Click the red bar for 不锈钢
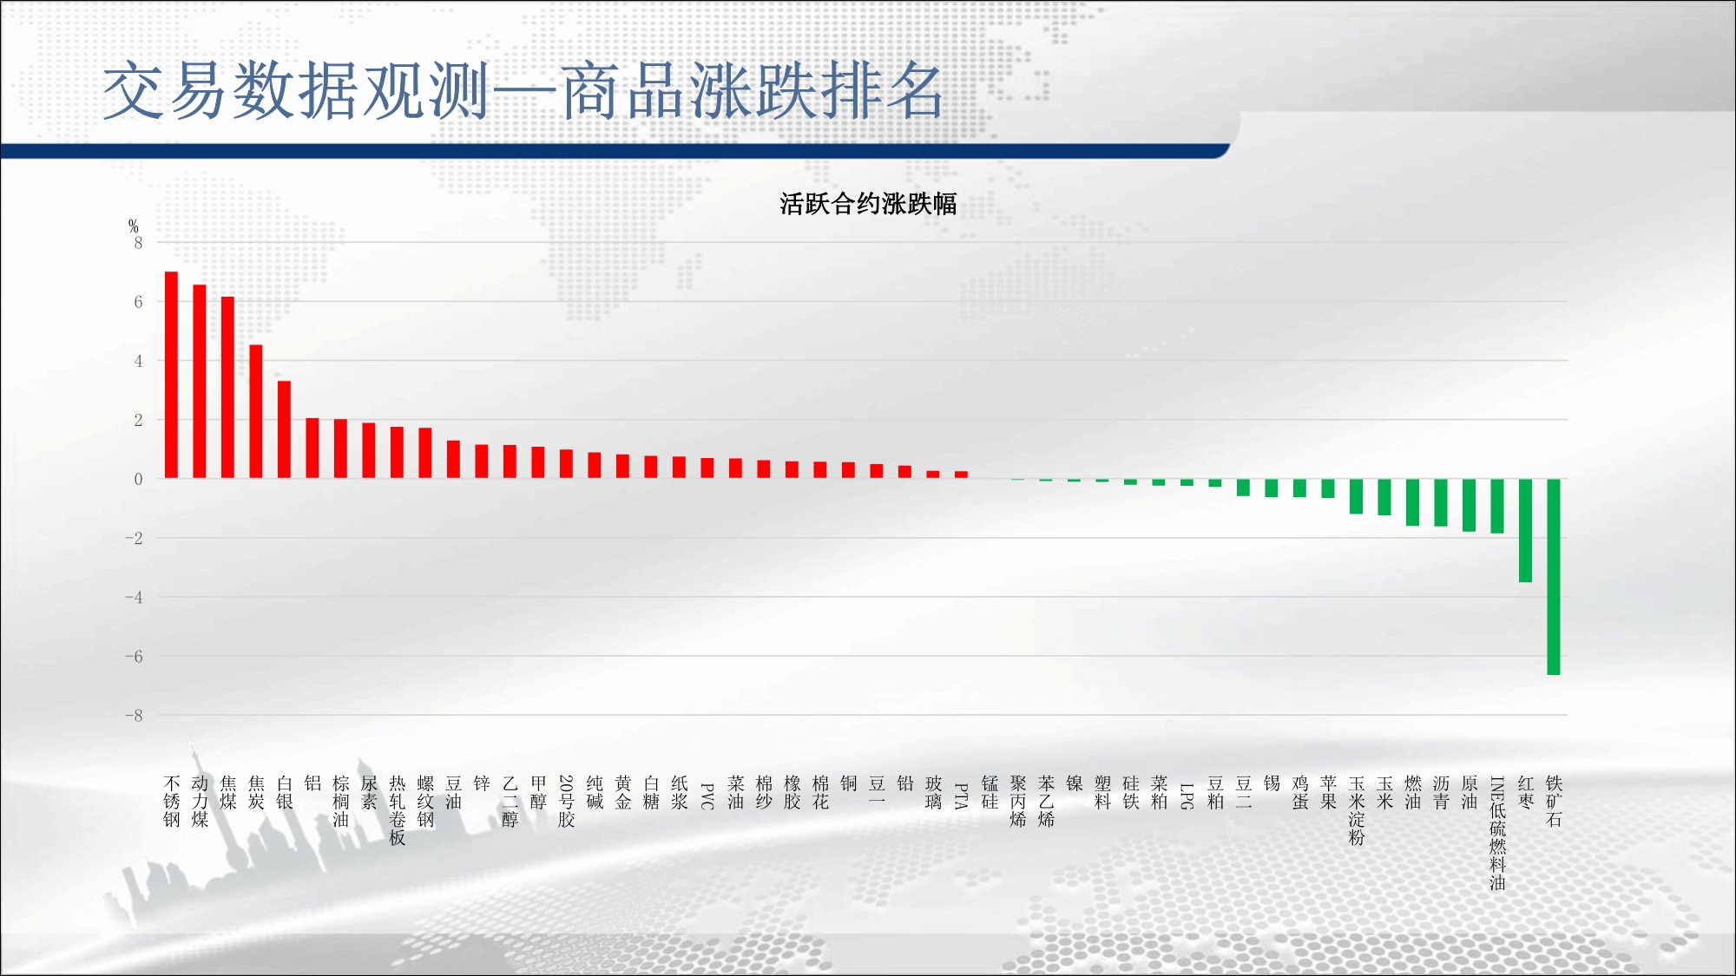171,375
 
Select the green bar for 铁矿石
1554,577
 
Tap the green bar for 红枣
1525,530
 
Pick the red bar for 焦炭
256,411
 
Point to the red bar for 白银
284,429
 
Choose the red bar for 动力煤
200,381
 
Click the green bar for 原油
1469,505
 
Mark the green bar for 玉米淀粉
1356,496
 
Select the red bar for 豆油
453,459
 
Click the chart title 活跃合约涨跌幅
868,204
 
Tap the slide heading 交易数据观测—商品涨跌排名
523,90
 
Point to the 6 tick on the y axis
138,302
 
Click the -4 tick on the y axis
134,597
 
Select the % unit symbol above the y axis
133,226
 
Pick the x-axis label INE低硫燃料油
1497,834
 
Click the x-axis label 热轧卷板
398,810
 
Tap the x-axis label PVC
707,796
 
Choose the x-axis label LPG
1187,796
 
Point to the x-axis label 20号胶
566,802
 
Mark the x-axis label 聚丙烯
1018,802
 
